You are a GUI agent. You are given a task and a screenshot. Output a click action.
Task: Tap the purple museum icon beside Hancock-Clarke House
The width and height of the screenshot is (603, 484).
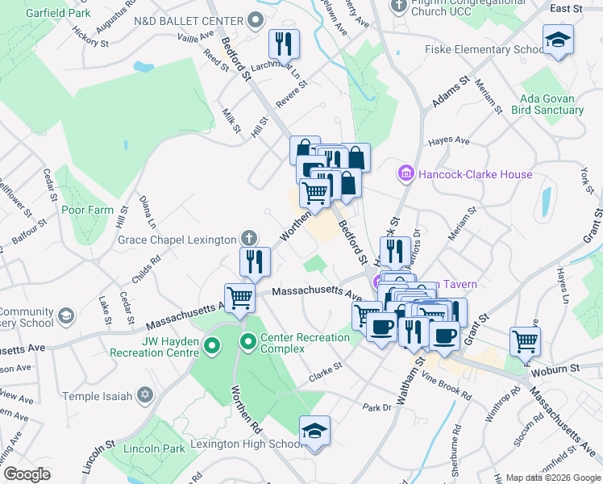(405, 173)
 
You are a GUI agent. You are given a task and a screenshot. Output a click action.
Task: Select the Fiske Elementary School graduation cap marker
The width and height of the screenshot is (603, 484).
(558, 41)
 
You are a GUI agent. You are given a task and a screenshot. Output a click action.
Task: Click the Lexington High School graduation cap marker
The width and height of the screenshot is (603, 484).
(314, 431)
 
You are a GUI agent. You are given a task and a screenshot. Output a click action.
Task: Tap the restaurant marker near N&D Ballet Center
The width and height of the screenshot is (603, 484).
(283, 43)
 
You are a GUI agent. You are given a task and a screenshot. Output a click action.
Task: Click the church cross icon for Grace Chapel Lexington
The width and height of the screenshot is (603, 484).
(250, 238)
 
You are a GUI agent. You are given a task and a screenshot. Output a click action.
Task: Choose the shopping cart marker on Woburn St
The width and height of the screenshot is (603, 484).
(525, 340)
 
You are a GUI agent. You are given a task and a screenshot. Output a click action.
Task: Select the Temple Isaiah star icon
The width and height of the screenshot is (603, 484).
(145, 395)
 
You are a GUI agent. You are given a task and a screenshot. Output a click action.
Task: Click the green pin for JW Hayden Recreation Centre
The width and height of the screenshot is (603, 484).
(212, 347)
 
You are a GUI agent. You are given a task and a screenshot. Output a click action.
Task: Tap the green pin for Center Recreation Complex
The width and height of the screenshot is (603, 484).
(248, 343)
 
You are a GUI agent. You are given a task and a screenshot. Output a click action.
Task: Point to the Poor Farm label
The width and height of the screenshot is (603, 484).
(88, 211)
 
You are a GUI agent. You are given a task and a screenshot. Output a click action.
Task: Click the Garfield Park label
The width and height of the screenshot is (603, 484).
(57, 14)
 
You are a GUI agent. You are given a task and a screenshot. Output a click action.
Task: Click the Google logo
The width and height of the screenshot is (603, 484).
(27, 474)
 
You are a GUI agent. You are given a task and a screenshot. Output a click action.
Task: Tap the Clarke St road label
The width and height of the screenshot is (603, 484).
(326, 371)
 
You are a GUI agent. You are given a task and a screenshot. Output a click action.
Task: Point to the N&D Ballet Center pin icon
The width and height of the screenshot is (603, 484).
(257, 20)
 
